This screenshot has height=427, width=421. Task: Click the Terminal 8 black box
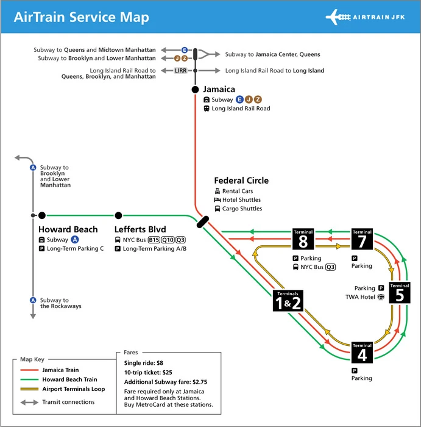[x=303, y=240]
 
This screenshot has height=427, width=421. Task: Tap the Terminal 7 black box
[x=363, y=240]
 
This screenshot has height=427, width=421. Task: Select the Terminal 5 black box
[x=400, y=293]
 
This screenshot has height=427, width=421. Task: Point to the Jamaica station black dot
[x=195, y=90]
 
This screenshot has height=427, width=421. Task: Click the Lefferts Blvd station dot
[x=118, y=215]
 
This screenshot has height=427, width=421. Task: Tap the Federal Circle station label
[x=241, y=181]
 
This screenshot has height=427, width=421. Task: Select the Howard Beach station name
[x=68, y=229]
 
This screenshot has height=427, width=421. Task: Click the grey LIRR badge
[x=180, y=71]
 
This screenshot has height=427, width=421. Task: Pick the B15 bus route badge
[x=154, y=240]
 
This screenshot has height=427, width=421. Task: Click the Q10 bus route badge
[x=168, y=240]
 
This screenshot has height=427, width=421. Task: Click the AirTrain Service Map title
[x=81, y=16]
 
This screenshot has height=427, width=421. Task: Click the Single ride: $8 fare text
[x=143, y=363]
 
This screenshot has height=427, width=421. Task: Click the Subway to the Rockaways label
[x=60, y=303]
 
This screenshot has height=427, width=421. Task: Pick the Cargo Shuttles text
[x=242, y=209]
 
